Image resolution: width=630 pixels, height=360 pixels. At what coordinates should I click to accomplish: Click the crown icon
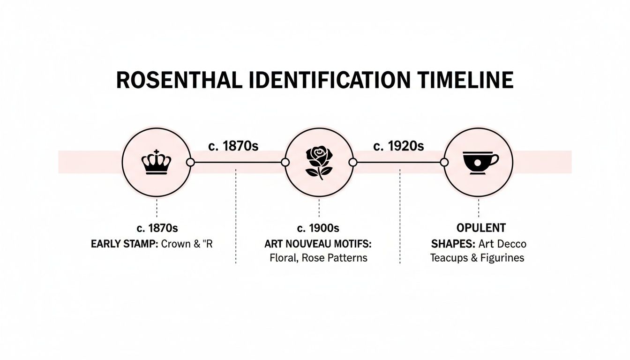[x=156, y=162]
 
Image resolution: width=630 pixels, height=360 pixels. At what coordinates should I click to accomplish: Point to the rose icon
[x=319, y=162]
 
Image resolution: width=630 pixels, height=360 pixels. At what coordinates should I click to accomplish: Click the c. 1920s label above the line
[x=398, y=146]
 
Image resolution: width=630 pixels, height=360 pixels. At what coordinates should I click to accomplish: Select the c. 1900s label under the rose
[x=318, y=228]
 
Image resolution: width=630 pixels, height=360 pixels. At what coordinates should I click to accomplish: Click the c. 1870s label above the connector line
[x=233, y=146]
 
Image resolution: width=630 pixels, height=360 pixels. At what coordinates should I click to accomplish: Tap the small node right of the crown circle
[x=190, y=162]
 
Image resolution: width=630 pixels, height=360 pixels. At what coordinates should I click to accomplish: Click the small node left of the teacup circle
[x=443, y=162]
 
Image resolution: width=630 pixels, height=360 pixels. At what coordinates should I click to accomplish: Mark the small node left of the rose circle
[x=285, y=162]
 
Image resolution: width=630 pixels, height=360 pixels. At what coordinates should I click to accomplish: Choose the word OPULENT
[x=481, y=228]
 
